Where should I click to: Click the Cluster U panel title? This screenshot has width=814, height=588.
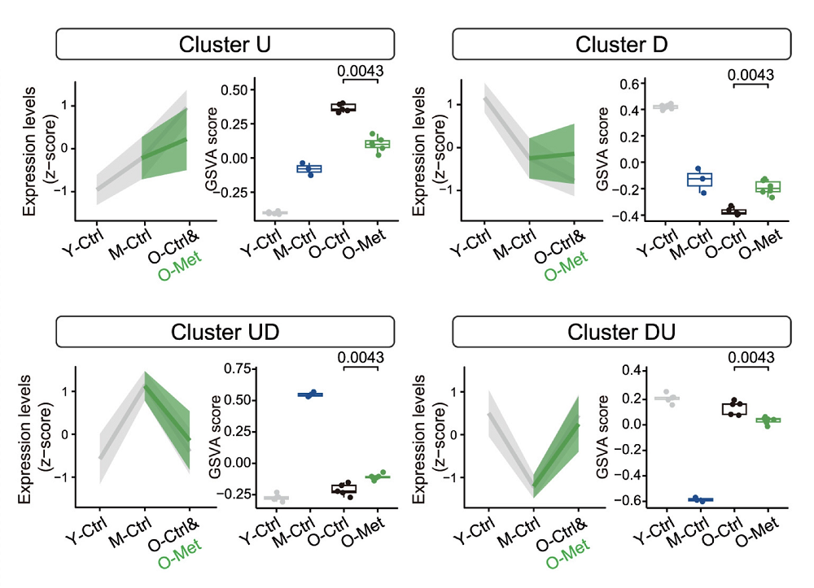[x=225, y=44]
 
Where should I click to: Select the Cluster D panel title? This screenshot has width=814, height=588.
[x=622, y=44]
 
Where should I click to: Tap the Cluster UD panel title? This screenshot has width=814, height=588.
[x=225, y=332]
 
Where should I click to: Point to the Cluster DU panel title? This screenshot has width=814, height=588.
[x=622, y=332]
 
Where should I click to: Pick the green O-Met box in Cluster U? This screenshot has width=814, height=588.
[x=377, y=144]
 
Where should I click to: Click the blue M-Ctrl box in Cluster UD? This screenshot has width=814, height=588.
[x=309, y=394]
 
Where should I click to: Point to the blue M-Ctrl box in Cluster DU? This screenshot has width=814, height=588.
[x=699, y=499]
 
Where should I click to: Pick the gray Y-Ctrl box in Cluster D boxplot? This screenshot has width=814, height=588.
[x=667, y=107]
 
